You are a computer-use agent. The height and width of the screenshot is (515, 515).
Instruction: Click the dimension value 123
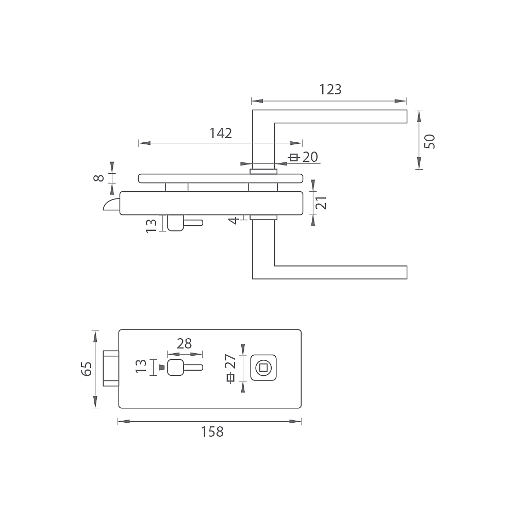coord(330,89)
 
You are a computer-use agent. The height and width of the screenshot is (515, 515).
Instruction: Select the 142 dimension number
coord(221,133)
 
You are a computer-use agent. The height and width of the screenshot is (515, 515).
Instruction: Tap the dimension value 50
coord(429,141)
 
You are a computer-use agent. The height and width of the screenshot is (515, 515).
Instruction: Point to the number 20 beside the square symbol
coord(310,157)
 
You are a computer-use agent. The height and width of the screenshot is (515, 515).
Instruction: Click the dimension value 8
coord(99,178)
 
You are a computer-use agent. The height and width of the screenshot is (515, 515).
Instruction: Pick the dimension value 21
coord(321,203)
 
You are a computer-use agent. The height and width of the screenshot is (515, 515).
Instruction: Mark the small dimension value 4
coord(234,221)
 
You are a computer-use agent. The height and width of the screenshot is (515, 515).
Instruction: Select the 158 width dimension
coord(212,431)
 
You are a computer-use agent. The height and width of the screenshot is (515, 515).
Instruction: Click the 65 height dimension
coord(87,369)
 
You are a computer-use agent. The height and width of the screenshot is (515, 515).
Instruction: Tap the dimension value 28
coord(184,343)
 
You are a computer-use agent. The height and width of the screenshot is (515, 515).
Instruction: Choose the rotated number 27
coord(230,361)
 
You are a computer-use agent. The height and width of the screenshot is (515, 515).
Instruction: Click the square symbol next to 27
coord(230,378)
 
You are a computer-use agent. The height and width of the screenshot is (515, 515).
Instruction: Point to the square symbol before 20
coord(294,158)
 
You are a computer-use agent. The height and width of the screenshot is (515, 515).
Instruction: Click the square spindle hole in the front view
coord(263,368)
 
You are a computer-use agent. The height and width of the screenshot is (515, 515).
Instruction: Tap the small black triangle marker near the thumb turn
coord(161,367)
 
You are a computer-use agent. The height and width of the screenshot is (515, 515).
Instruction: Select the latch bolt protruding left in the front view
coord(111,368)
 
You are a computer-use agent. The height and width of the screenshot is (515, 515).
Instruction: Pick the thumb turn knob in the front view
coord(175,368)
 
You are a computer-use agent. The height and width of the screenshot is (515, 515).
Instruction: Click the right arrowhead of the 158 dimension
coord(295,421)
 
